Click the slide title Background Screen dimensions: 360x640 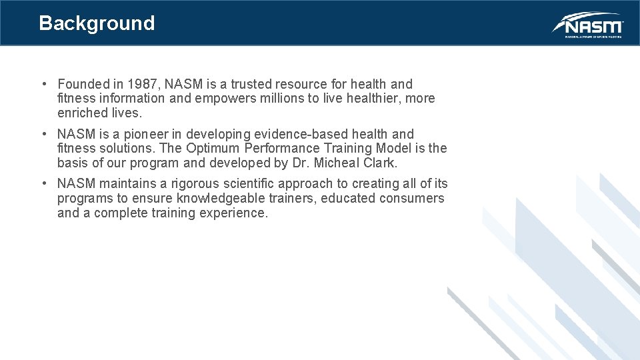coord(97,23)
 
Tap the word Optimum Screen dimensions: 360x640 coord(213,148)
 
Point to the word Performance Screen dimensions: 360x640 coord(284,148)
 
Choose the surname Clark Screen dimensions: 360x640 coord(379,163)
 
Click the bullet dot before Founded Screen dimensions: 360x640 coord(43,84)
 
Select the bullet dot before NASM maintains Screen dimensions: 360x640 coord(43,183)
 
